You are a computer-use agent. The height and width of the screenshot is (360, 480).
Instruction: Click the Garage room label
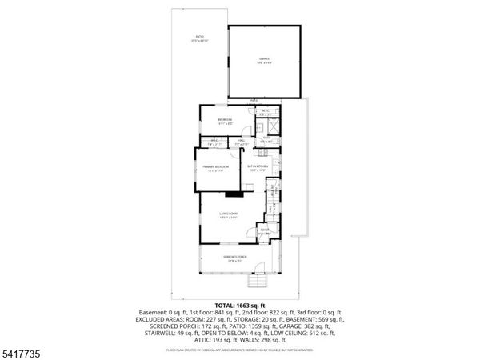263,59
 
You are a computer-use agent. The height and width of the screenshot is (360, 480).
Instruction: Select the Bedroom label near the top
224,122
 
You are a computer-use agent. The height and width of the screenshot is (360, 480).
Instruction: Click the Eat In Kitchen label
257,168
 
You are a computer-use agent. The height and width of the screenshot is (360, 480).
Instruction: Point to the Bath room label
266,138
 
